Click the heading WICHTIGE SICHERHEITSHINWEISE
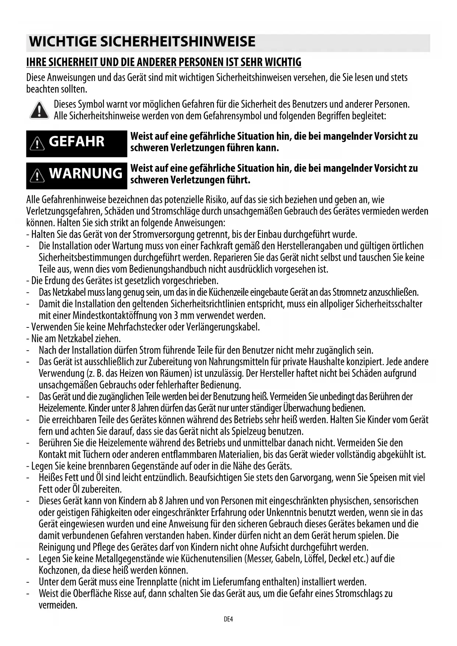pos(142,42)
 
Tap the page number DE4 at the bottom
pos(228,619)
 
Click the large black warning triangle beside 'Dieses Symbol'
pos(39,110)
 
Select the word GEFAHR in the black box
pos(77,141)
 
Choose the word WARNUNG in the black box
pos(85,173)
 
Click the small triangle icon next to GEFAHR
pos(37,143)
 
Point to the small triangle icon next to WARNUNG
pos(37,175)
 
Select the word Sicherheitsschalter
pos(389,304)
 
